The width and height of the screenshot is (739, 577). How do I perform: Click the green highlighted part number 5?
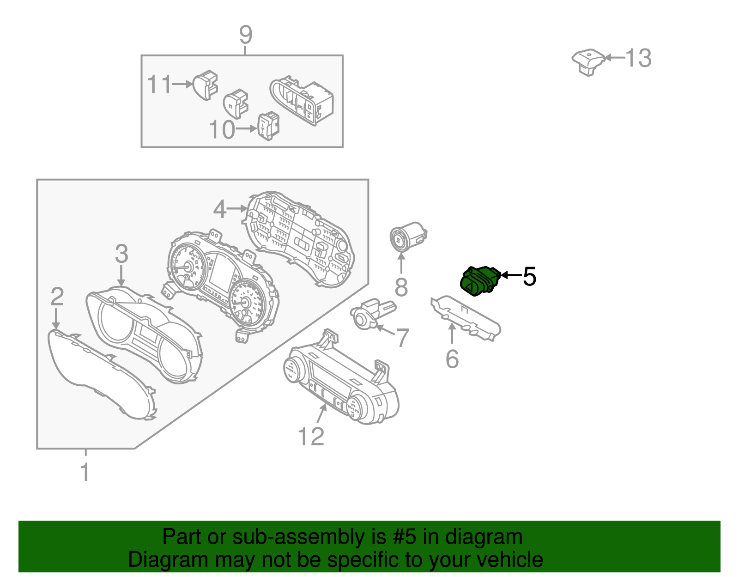480,280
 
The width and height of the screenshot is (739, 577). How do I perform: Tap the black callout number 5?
529,276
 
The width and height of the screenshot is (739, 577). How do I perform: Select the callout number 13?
638,58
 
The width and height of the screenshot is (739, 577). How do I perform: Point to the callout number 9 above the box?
246,35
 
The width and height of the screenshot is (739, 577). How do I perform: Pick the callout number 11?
159,85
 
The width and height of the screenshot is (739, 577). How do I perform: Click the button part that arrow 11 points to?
205,85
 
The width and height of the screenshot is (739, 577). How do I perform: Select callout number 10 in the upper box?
222,130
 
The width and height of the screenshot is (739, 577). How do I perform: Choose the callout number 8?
401,287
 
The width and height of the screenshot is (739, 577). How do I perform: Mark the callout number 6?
452,359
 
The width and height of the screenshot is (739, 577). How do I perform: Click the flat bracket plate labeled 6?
466,318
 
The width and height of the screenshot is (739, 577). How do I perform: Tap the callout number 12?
311,436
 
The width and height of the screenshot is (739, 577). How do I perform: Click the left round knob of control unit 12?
292,370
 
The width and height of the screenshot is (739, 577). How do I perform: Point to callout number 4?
220,209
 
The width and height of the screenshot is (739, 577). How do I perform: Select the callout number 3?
121,254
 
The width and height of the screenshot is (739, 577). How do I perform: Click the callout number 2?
57,297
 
